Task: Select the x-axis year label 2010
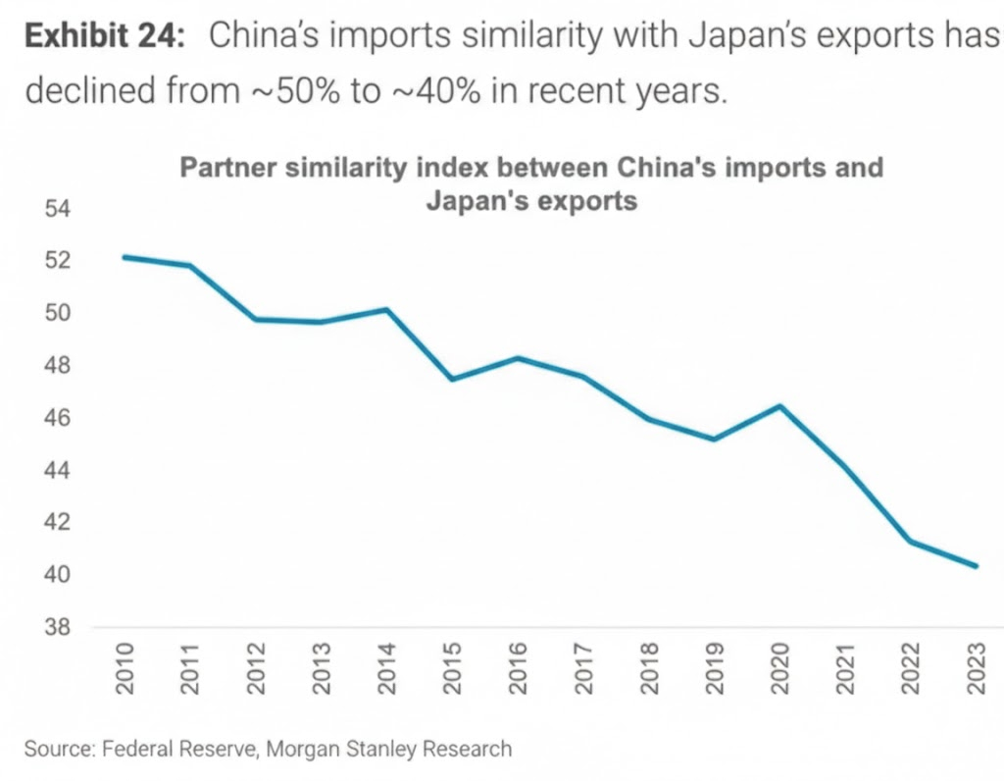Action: (125, 669)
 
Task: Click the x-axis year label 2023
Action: (977, 669)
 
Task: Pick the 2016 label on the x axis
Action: (519, 669)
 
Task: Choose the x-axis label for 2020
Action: (780, 669)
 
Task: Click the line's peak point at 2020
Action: (780, 405)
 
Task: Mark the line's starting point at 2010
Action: (125, 257)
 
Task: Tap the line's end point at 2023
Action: (976, 566)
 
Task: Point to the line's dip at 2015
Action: (452, 379)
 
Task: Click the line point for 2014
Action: (387, 310)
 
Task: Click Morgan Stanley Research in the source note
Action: (402, 750)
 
